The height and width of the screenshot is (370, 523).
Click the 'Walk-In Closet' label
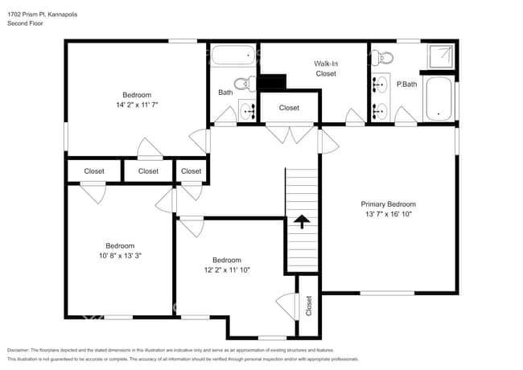tap(325, 68)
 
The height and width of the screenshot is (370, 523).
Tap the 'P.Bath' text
tap(406, 84)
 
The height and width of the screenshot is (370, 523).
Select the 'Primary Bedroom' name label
tap(388, 204)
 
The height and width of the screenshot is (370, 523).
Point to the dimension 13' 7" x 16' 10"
tap(388, 216)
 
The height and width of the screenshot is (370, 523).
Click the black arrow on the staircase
tap(302, 220)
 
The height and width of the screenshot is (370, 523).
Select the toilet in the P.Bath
tap(385, 57)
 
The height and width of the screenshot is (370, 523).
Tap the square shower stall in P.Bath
tap(439, 57)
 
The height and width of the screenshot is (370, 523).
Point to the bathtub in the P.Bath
tap(439, 100)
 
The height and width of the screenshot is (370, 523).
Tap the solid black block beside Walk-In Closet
tap(274, 82)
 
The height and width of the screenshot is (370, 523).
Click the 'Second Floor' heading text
tap(25, 23)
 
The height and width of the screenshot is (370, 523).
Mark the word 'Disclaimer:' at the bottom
tap(23, 351)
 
